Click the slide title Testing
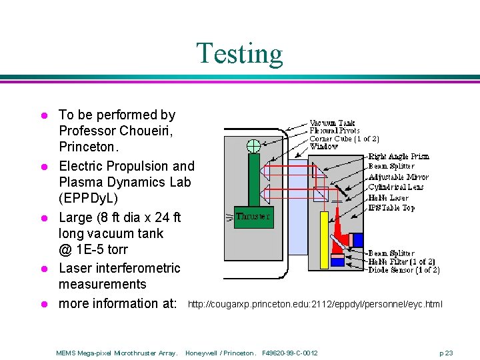pos(239,54)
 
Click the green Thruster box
pos(253,217)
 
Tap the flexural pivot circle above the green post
pos(253,146)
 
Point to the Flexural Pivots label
pos(335,131)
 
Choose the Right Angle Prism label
pos(398,157)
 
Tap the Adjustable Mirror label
pos(398,177)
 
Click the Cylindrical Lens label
pos(396,187)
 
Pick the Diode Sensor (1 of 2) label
pos(403,270)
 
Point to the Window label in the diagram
pos(324,146)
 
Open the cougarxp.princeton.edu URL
pos(315,305)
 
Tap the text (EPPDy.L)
pos(88,198)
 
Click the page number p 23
pos(446,352)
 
